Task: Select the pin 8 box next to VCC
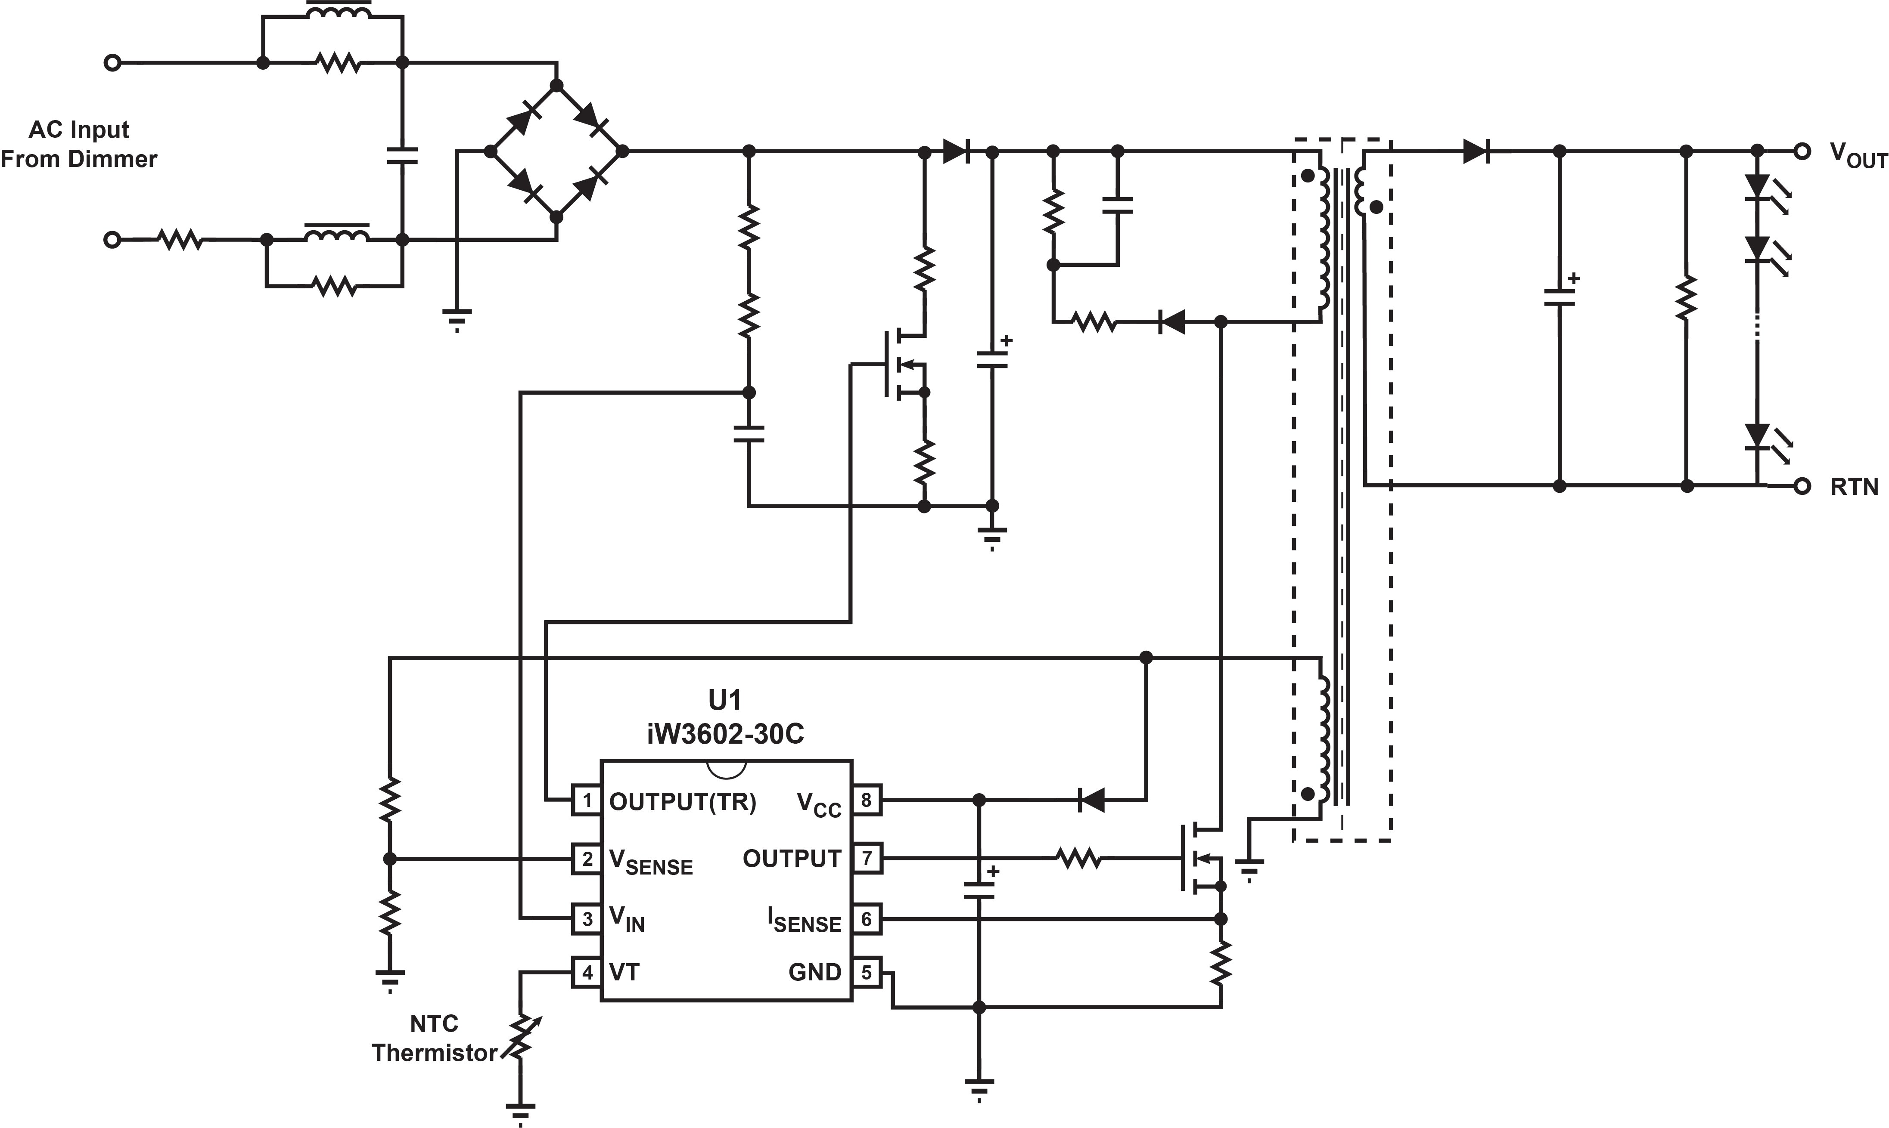tap(866, 800)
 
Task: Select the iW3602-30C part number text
tap(725, 734)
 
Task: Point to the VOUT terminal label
tap(1858, 157)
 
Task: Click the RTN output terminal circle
tap(1802, 486)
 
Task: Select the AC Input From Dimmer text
tap(79, 145)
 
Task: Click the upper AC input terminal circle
tap(112, 63)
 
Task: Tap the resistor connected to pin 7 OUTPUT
tap(1078, 859)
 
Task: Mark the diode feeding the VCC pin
tap(1092, 800)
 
